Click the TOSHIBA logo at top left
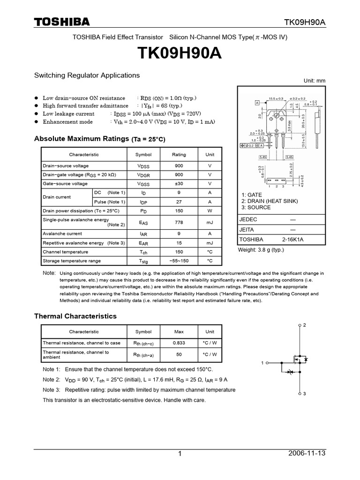pyautogui.click(x=61, y=22)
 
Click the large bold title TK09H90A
pyautogui.click(x=180, y=54)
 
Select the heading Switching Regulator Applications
pyautogui.click(x=87, y=75)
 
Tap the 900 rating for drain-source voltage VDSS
pyautogui.click(x=179, y=166)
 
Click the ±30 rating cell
pyautogui.click(x=179, y=184)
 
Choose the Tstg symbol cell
pyautogui.click(x=143, y=261)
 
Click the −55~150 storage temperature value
pyautogui.click(x=179, y=261)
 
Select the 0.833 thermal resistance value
pyautogui.click(x=179, y=343)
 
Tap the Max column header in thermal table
pyautogui.click(x=179, y=331)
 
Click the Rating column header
pyautogui.click(x=179, y=155)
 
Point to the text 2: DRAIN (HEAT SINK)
pyautogui.click(x=270, y=201)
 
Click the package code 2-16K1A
pyautogui.click(x=293, y=239)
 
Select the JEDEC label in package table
pyautogui.click(x=248, y=219)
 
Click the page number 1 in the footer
pyautogui.click(x=180, y=454)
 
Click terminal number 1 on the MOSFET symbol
pyautogui.click(x=262, y=363)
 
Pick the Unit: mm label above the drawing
pyautogui.click(x=314, y=81)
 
